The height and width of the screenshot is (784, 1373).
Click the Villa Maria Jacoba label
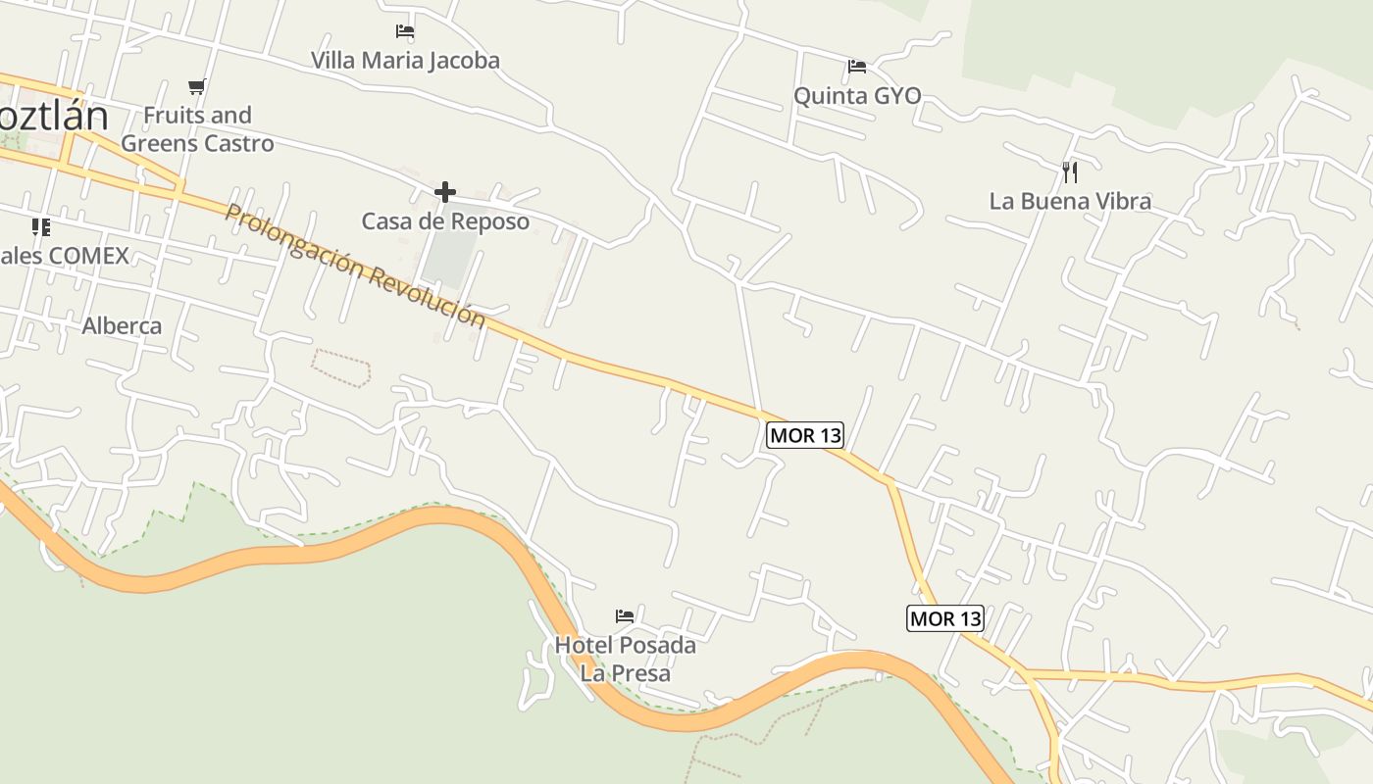[405, 60]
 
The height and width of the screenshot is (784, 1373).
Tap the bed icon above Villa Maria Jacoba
[405, 31]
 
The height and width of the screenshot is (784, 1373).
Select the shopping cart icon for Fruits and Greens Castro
[197, 86]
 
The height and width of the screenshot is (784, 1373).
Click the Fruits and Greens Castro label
[197, 129]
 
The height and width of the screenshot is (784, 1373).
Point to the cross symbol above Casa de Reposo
[445, 191]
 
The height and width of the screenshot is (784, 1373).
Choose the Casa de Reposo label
[445, 221]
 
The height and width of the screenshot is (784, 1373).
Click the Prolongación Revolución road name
[355, 266]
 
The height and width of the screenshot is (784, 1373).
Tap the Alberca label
[122, 325]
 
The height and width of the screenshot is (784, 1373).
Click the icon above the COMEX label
[40, 227]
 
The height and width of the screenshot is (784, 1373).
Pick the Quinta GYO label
[857, 96]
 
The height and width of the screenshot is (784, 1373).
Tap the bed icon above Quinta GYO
[857, 67]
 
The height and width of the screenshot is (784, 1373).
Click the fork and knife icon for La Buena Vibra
[1070, 172]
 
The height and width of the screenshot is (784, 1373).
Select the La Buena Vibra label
[1070, 202]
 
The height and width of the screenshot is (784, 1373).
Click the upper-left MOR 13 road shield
[805, 435]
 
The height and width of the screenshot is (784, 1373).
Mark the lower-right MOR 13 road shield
[944, 618]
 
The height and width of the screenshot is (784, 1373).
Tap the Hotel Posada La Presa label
[625, 659]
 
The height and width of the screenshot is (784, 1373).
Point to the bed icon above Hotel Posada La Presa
[625, 616]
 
